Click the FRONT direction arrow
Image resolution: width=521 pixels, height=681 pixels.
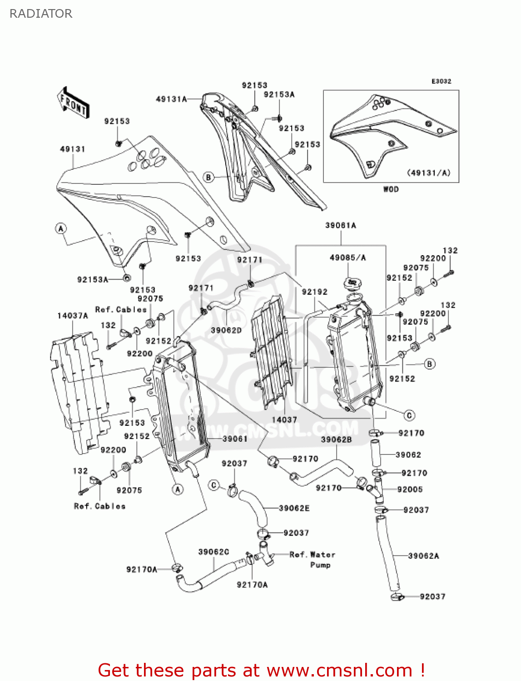tap(73, 103)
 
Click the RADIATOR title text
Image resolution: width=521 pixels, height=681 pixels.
tap(41, 14)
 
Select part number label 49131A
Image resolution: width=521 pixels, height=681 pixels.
tap(171, 99)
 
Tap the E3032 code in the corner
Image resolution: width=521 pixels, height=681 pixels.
tap(441, 81)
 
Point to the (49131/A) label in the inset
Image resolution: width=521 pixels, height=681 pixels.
tap(428, 173)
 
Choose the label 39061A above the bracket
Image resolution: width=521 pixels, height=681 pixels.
tap(341, 225)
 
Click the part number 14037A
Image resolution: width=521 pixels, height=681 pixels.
tap(73, 316)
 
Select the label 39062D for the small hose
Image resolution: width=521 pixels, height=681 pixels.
tap(226, 330)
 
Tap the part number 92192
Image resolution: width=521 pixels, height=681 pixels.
tap(315, 292)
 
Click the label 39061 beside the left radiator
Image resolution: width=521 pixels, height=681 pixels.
tap(235, 439)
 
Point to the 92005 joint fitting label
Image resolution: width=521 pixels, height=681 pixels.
tap(410, 489)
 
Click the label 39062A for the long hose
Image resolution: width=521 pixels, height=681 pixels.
tap(423, 556)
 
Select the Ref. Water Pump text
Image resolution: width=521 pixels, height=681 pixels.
tap(313, 559)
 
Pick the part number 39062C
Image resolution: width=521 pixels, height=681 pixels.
tap(213, 552)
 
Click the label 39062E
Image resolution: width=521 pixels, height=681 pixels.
tap(294, 508)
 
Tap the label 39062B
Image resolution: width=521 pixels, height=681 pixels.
tap(336, 439)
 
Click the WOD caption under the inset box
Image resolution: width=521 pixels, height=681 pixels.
tap(391, 189)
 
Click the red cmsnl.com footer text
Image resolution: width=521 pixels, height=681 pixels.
tap(261, 670)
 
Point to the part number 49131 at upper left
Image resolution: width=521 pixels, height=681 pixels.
tap(73, 149)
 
